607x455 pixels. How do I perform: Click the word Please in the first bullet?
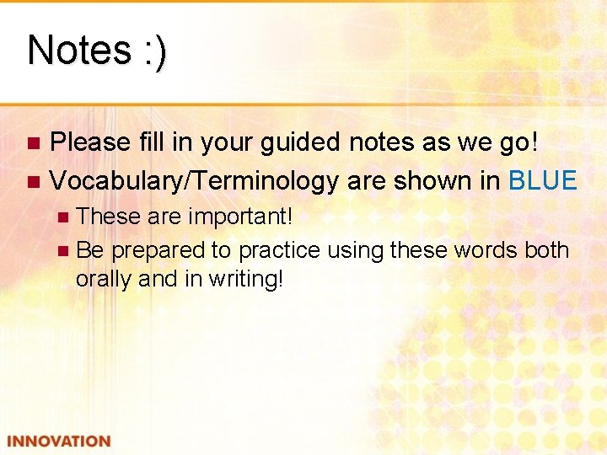89,142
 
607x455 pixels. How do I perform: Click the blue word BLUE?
543,180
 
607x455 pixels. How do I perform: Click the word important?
240,217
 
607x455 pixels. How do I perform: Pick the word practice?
279,250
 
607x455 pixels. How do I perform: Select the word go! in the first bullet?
516,142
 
